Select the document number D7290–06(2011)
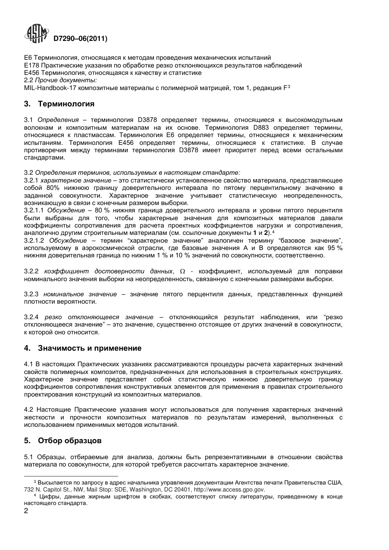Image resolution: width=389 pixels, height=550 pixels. (x=80, y=39)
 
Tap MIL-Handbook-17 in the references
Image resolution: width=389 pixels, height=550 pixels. (x=48, y=88)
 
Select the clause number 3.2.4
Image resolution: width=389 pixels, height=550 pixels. (x=31, y=317)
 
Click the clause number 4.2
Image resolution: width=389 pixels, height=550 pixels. (x=28, y=410)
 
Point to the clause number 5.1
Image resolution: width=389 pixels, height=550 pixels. (x=28, y=457)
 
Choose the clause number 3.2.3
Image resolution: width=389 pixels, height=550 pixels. (x=31, y=294)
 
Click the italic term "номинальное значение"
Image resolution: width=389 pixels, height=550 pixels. (x=80, y=294)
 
